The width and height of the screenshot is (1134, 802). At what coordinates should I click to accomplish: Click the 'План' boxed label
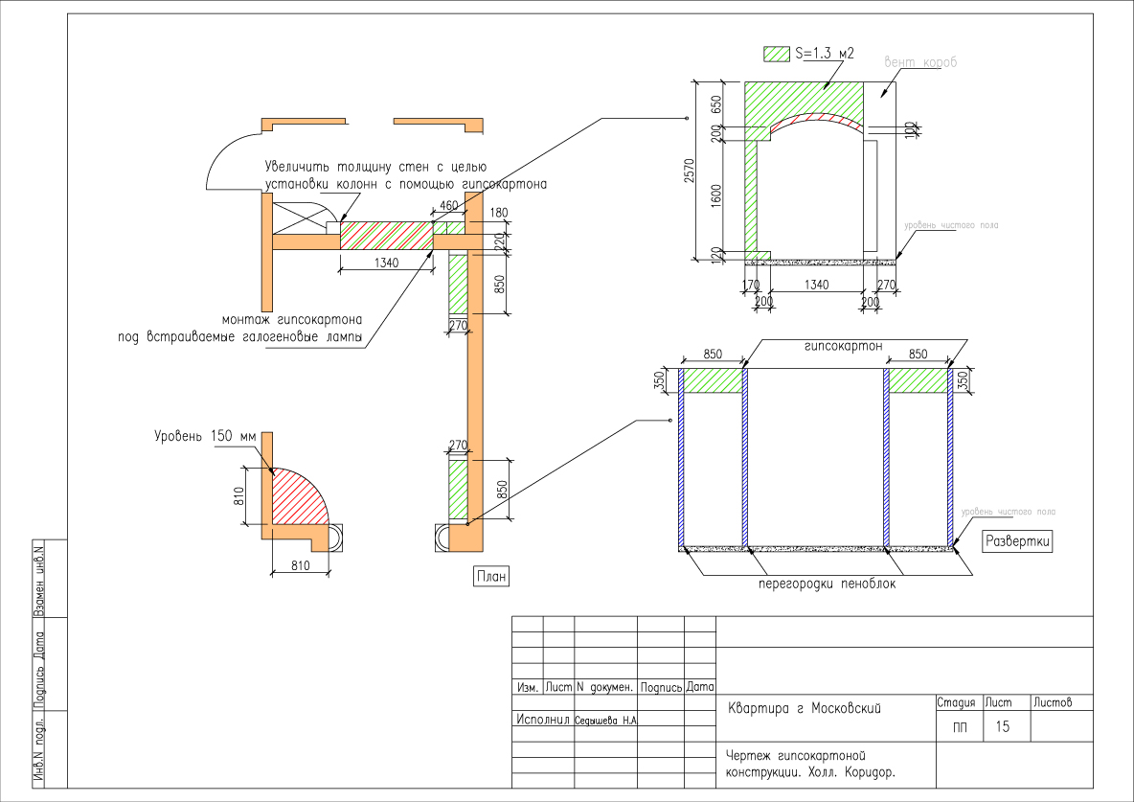[x=489, y=576]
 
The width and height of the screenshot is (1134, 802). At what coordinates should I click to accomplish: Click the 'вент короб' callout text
[x=920, y=61]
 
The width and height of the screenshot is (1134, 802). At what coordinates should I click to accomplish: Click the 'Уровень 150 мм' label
[x=206, y=436]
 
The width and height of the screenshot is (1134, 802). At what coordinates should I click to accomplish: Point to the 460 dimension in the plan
[x=447, y=206]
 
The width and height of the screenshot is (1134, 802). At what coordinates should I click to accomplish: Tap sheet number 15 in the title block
[x=1003, y=727]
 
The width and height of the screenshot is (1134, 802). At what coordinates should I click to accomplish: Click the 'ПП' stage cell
[x=960, y=728]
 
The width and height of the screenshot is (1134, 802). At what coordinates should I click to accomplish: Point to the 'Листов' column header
[x=1052, y=703]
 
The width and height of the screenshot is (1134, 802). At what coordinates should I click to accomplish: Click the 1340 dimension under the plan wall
[x=387, y=262]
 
